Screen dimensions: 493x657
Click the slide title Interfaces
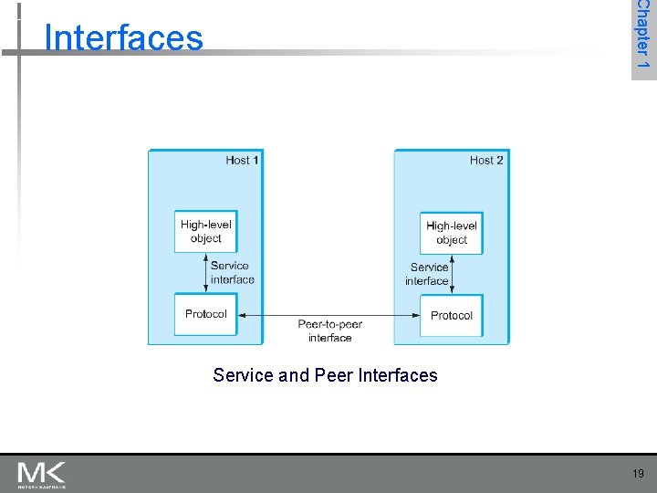123,37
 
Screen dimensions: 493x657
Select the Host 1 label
243,160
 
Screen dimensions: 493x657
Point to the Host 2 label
486,160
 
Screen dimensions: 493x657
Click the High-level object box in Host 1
205,232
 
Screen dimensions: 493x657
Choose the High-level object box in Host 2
452,233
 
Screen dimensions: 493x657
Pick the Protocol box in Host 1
205,314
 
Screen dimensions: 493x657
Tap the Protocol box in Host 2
452,316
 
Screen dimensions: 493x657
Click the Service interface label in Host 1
232,273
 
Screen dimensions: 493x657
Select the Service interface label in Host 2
428,274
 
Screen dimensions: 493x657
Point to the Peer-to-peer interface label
329,330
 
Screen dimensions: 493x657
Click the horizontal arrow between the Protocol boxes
329,316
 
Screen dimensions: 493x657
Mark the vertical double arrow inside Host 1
206,273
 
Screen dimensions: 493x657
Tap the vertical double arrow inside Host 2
453,275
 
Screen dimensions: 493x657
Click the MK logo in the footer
41,475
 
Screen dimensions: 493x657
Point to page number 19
637,474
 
